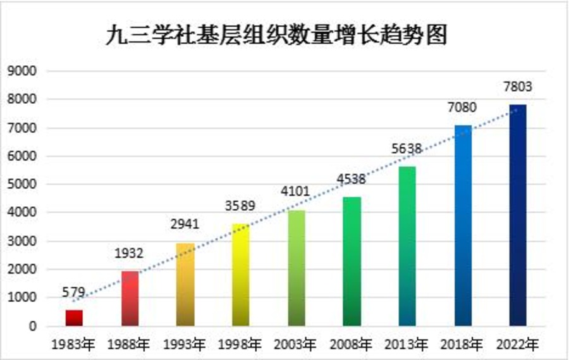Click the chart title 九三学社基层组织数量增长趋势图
[x=276, y=35]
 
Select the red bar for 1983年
[x=74, y=318]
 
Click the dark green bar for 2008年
[x=352, y=262]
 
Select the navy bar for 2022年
[x=518, y=215]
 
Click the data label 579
[x=74, y=293]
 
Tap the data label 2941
[x=185, y=226]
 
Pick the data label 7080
[x=463, y=108]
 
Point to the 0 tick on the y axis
[x=31, y=326]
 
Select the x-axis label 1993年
[x=185, y=345]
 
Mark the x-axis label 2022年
[x=518, y=345]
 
